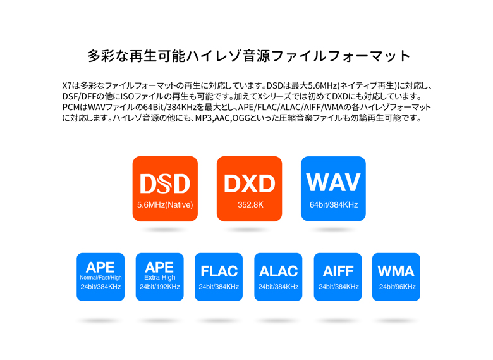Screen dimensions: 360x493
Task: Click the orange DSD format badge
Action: (x=165, y=189)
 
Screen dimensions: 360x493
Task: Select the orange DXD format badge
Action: (x=249, y=189)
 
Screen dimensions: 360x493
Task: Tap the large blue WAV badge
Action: (x=333, y=189)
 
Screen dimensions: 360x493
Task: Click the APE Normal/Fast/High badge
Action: (x=100, y=276)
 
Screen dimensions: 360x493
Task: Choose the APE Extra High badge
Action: (x=160, y=276)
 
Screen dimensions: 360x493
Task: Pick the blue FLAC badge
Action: (x=219, y=276)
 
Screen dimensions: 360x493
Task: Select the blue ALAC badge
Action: (x=278, y=276)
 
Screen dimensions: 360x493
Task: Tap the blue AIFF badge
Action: (x=338, y=276)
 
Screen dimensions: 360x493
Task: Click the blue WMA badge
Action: (x=396, y=276)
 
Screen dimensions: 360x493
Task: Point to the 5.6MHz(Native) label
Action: (x=165, y=205)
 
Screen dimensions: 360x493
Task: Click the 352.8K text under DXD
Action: (x=249, y=205)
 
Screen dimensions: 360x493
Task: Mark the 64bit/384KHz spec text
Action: (x=333, y=205)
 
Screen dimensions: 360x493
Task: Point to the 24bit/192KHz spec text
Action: (x=160, y=287)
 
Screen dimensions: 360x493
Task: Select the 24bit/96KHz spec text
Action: (x=397, y=287)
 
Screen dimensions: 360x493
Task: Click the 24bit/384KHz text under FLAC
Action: (x=219, y=287)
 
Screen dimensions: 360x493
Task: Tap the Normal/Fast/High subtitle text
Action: (x=100, y=278)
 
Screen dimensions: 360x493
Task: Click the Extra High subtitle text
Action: (x=160, y=278)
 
